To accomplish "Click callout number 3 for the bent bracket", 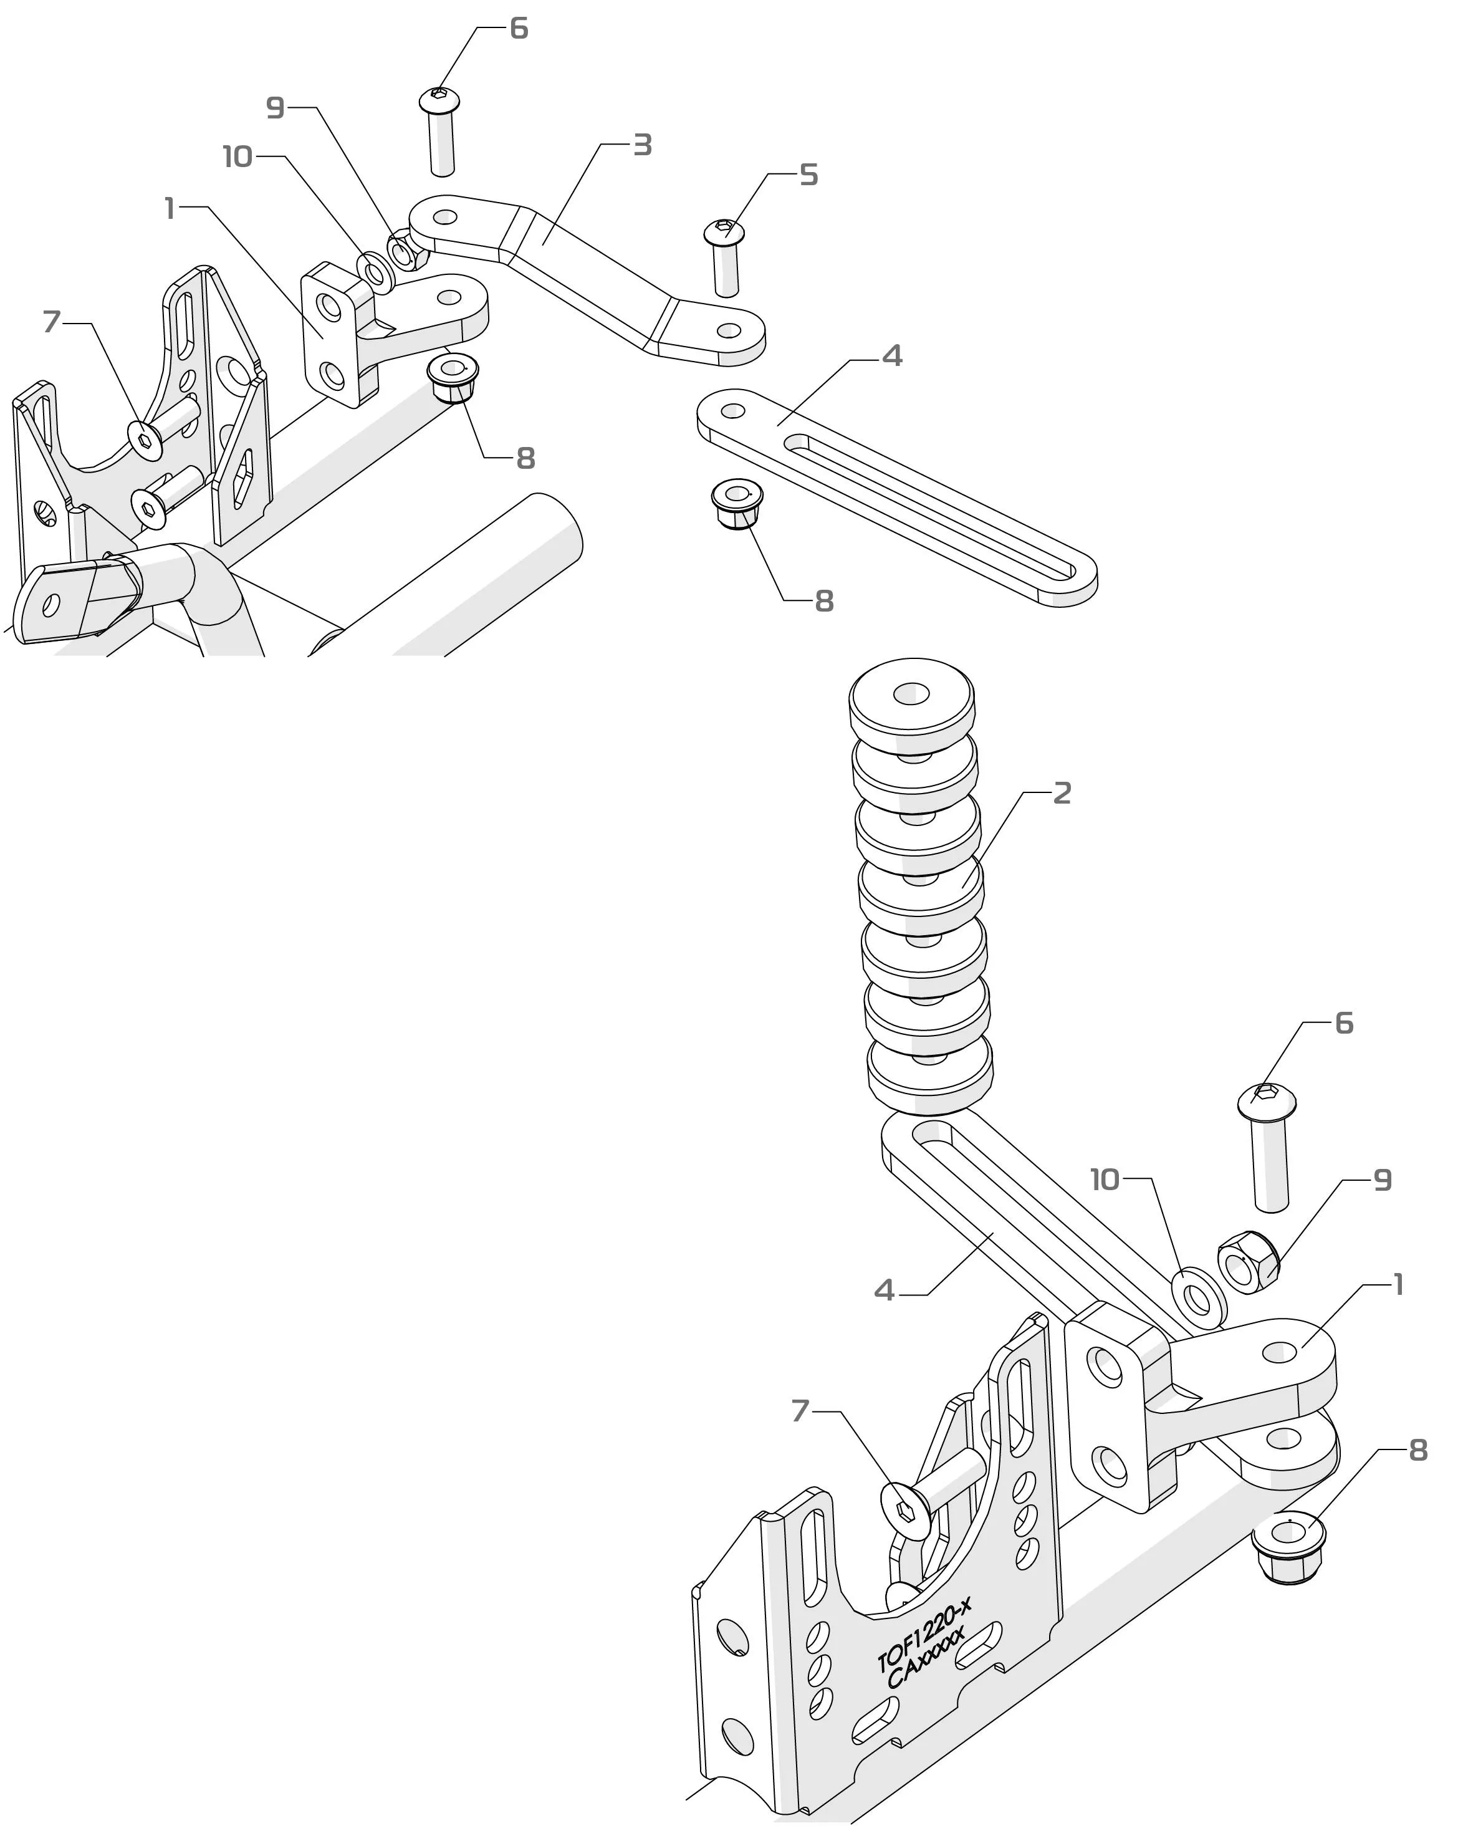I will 642,145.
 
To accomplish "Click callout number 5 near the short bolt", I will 808,175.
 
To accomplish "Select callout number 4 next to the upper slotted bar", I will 892,356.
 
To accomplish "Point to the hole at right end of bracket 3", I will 728,330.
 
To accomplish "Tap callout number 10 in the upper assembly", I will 237,157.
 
